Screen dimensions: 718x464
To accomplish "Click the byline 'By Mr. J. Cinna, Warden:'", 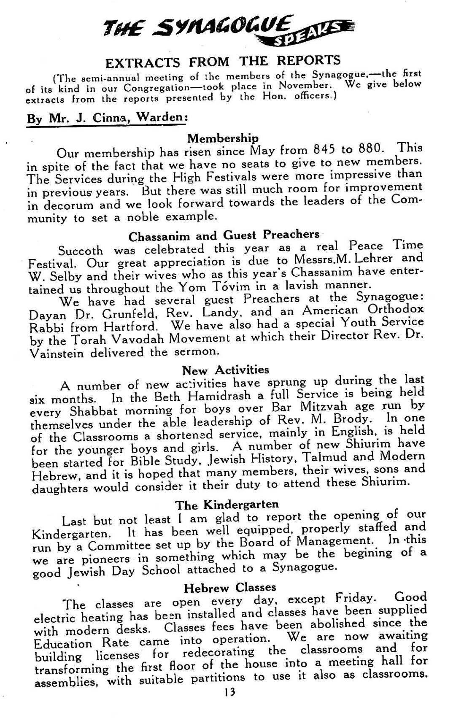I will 107,117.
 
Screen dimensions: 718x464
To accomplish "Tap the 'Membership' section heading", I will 223,138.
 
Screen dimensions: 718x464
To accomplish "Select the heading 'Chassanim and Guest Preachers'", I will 224,235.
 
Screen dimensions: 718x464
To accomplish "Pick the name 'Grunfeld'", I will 124,314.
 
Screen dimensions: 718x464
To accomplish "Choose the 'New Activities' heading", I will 225,370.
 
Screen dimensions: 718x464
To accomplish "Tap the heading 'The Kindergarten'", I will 227,505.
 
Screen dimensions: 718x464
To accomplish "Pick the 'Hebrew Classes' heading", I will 230,587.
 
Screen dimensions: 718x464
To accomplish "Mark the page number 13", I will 230,692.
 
